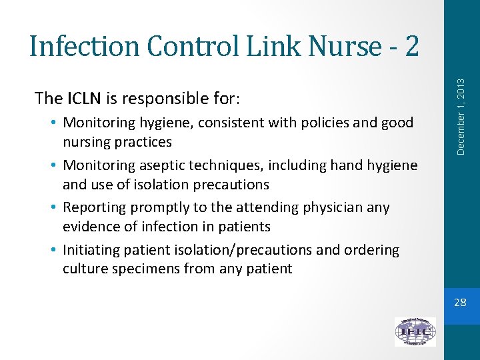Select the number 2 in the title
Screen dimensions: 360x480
(x=411, y=46)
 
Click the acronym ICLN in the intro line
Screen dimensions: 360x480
(x=84, y=99)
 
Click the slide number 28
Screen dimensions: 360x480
(x=460, y=303)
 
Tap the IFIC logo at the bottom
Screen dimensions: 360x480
(x=415, y=331)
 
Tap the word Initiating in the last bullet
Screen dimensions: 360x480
(x=91, y=250)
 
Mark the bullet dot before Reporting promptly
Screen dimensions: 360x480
(x=53, y=207)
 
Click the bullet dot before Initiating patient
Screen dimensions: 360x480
(x=53, y=250)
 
